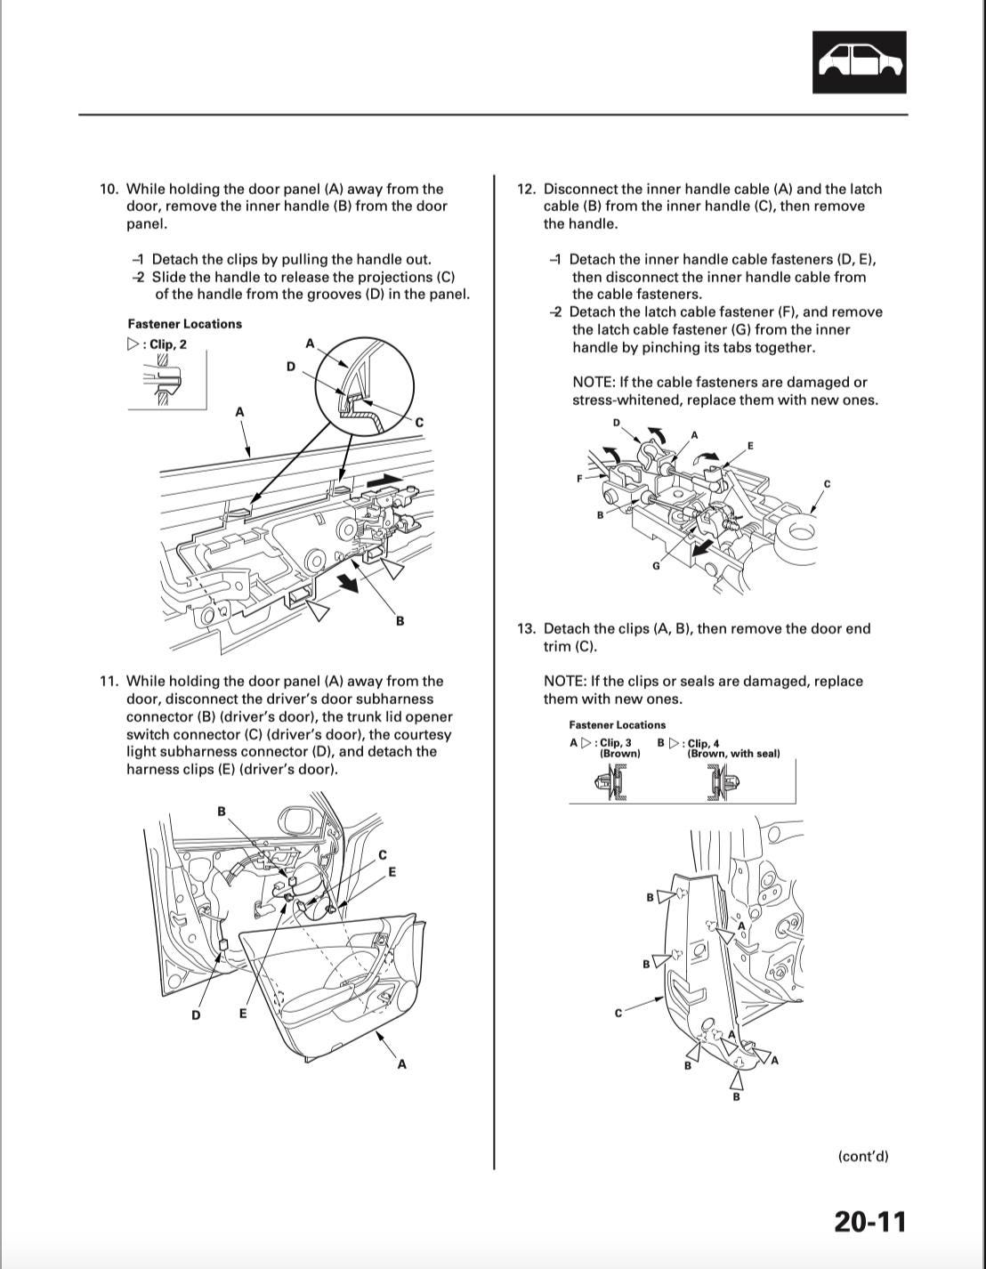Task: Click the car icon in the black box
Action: pyautogui.click(x=859, y=62)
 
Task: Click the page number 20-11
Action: pyautogui.click(x=869, y=1220)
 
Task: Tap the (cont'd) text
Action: pyautogui.click(x=862, y=1156)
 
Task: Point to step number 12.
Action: pyautogui.click(x=526, y=189)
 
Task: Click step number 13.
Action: pyautogui.click(x=526, y=628)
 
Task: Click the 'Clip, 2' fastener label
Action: pyautogui.click(x=167, y=344)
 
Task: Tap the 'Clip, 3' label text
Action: pyautogui.click(x=616, y=742)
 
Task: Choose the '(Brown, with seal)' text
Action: pyautogui.click(x=733, y=754)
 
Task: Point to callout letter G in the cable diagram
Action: pyautogui.click(x=656, y=567)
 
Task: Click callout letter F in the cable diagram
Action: pyautogui.click(x=579, y=478)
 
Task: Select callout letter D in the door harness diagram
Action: pyautogui.click(x=196, y=1014)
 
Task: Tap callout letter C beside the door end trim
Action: pyautogui.click(x=618, y=1013)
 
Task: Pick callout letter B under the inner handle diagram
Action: pyautogui.click(x=400, y=620)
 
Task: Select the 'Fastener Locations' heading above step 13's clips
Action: pyautogui.click(x=617, y=724)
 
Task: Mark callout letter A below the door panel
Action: pyautogui.click(x=401, y=1063)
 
